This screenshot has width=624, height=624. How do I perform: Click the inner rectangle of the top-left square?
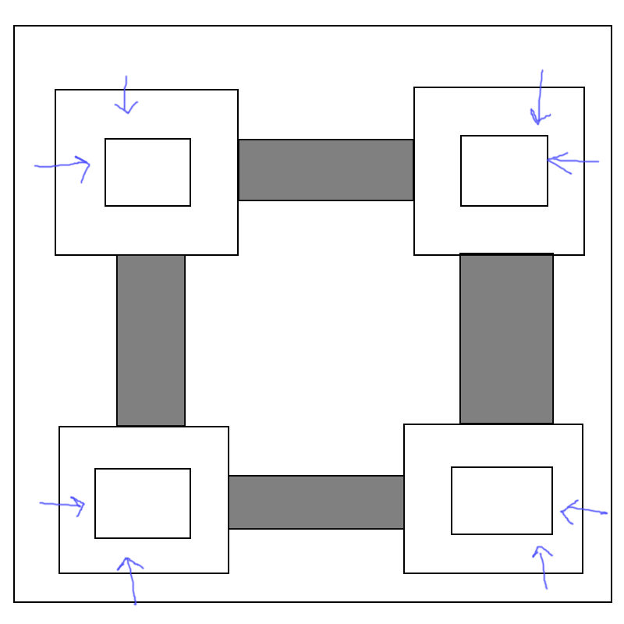[x=147, y=172]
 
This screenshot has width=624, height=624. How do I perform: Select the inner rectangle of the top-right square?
[x=504, y=171]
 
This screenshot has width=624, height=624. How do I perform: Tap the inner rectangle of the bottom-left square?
[x=143, y=503]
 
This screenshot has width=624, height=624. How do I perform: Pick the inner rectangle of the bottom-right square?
[x=502, y=501]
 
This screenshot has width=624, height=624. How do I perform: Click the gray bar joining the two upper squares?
[x=325, y=170]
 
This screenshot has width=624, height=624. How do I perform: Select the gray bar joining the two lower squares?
[x=316, y=502]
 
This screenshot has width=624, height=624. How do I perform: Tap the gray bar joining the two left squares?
[x=151, y=340]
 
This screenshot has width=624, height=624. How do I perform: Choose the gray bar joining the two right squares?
[x=506, y=339]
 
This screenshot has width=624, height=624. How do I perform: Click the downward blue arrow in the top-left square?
[x=126, y=95]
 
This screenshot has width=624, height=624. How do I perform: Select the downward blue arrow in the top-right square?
[x=539, y=97]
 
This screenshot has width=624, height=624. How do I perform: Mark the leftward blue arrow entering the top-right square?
[x=573, y=161]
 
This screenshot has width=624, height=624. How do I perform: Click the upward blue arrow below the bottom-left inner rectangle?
[x=132, y=580]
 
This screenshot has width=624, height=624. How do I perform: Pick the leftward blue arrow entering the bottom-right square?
[x=583, y=512]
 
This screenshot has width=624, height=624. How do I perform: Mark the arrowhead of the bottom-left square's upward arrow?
[x=129, y=562]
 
